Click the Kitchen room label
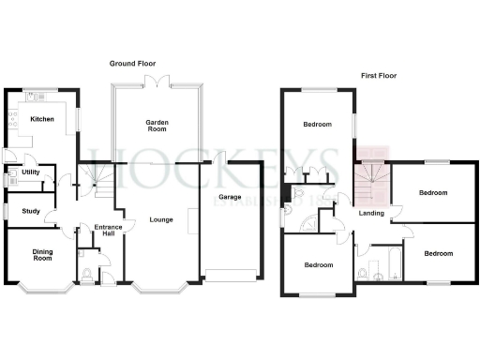coord(41,119)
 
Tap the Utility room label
coord(31,173)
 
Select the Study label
coord(30,211)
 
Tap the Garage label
coord(231,198)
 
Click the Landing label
coord(371,216)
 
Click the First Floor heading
coord(381,75)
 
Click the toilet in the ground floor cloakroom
coord(86,275)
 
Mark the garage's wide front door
coord(230,276)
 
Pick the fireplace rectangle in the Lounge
coord(192,220)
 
